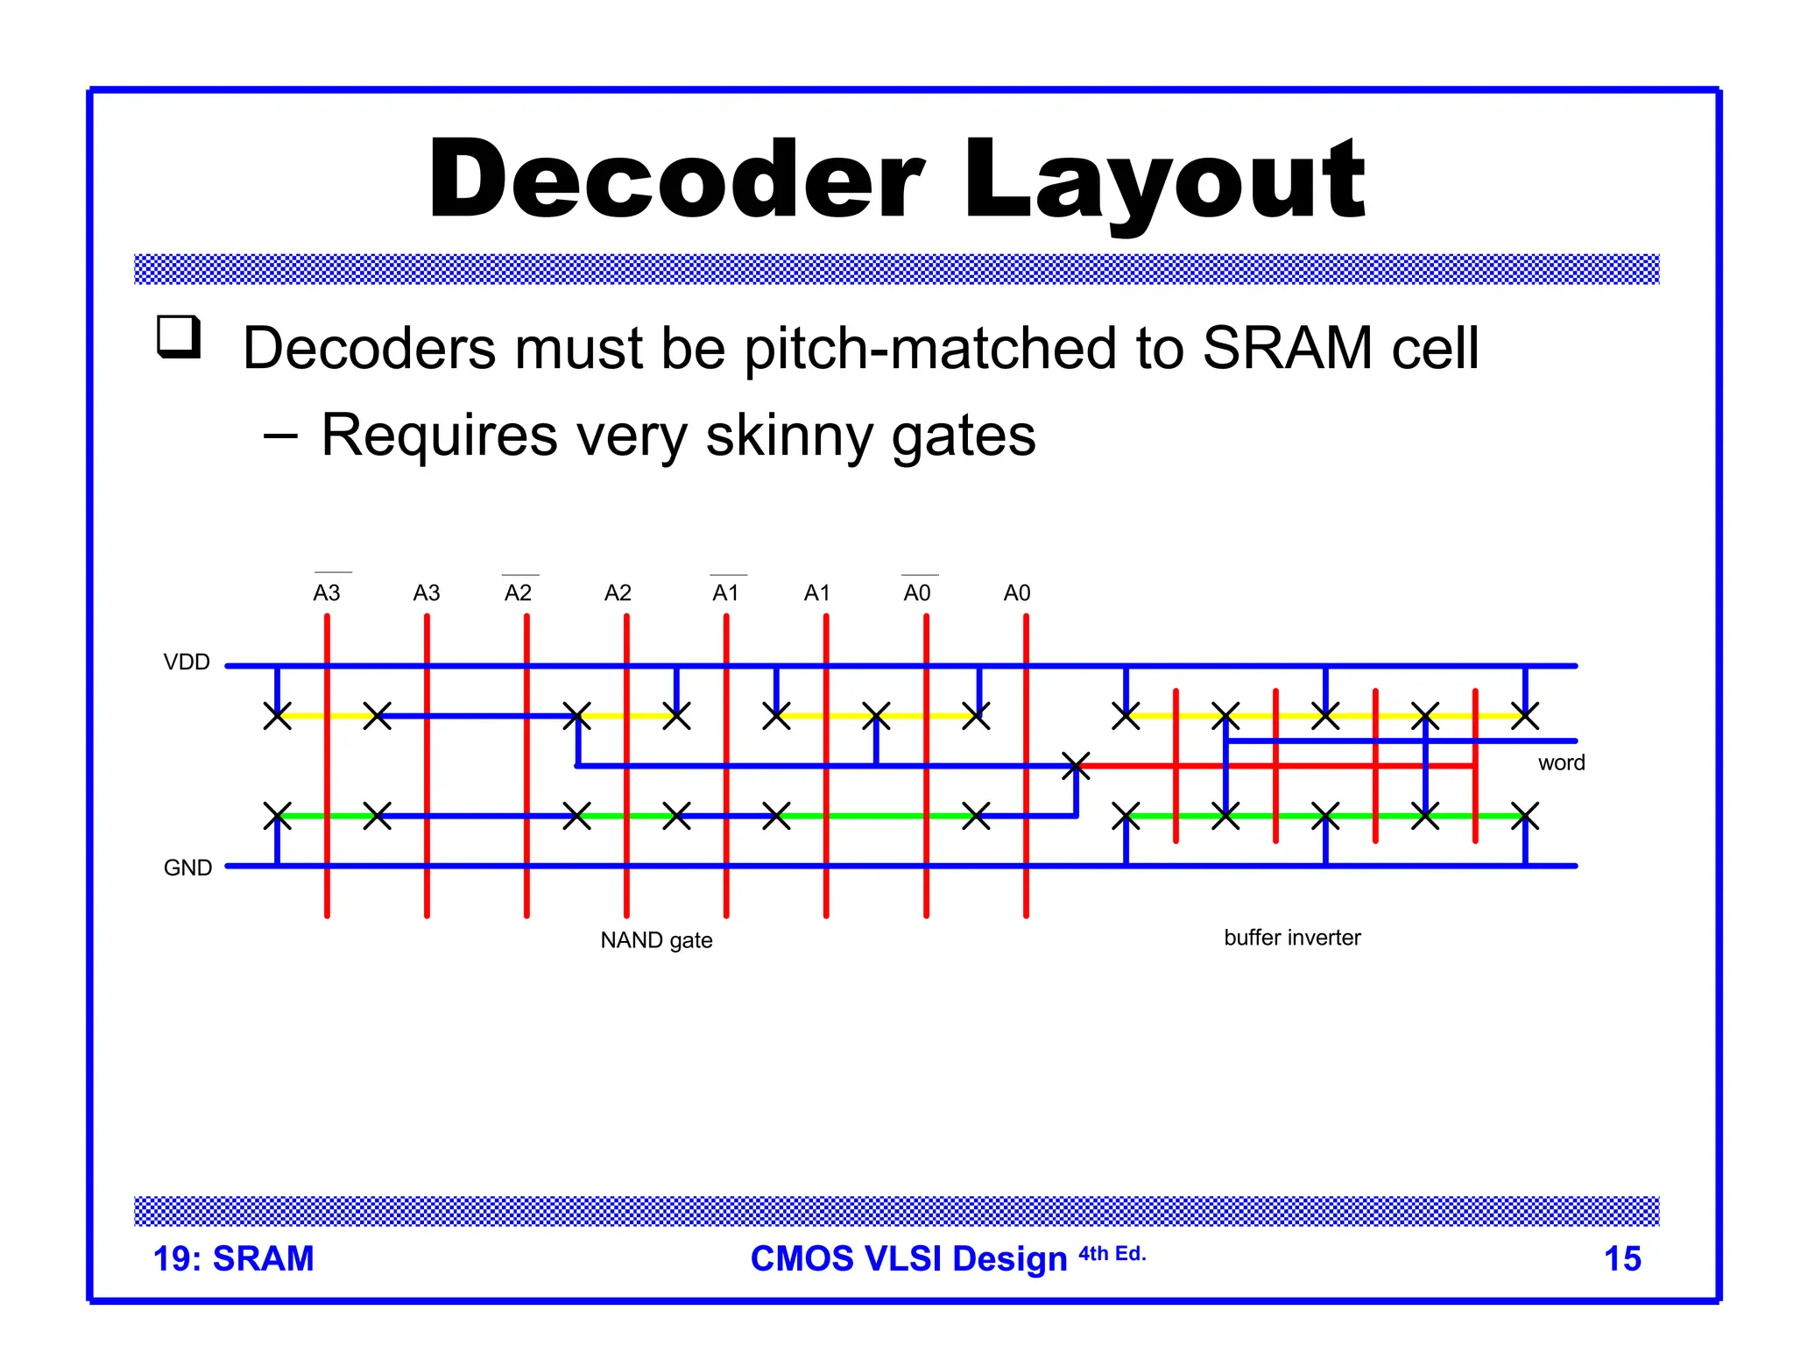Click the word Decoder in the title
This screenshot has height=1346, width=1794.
[x=675, y=180]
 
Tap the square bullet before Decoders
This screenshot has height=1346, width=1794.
[x=179, y=336]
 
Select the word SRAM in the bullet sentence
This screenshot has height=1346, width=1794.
[x=1288, y=349]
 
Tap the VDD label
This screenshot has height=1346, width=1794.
[x=187, y=662]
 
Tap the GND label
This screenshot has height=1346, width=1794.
[x=187, y=868]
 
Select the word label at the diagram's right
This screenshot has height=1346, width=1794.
[x=1561, y=762]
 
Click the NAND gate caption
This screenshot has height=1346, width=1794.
[x=656, y=940]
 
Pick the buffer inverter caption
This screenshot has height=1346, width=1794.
[x=1292, y=938]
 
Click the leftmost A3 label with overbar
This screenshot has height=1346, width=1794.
[x=327, y=592]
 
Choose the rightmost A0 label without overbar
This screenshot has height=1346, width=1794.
[x=1016, y=593]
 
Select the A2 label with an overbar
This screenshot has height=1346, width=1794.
[x=518, y=593]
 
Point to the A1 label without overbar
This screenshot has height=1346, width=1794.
[x=816, y=593]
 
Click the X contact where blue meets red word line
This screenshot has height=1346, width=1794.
[x=1076, y=766]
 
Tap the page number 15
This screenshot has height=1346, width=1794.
[x=1621, y=1258]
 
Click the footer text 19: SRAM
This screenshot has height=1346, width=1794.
[x=233, y=1258]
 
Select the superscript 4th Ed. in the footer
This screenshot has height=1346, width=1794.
[x=1112, y=1253]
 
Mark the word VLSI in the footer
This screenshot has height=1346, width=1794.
[x=902, y=1258]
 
